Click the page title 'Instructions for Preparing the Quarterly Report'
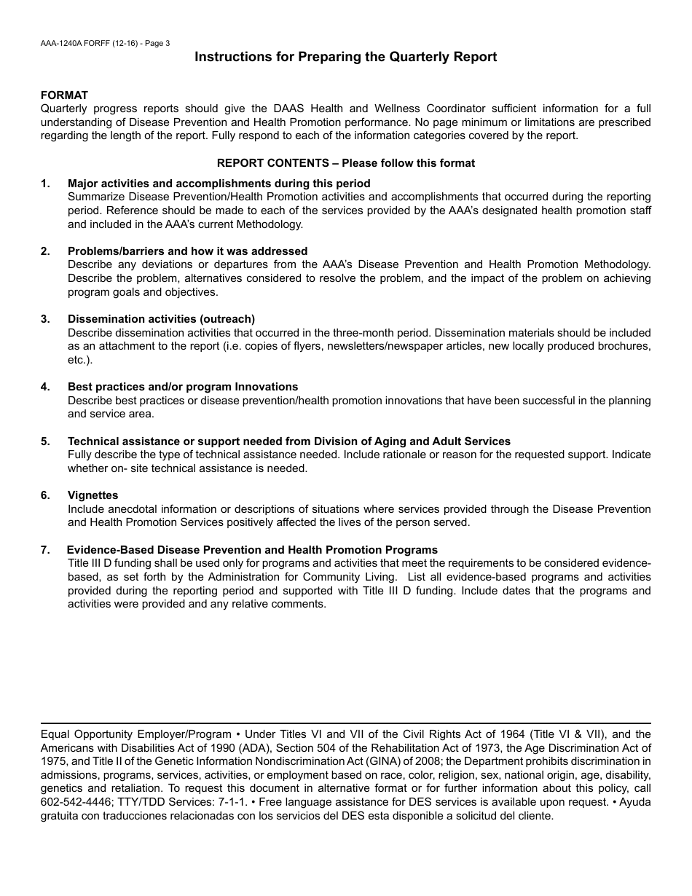[345, 57]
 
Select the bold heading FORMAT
[64, 95]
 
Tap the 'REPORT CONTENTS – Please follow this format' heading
[345, 163]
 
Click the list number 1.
[45, 184]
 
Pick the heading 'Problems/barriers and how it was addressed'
[187, 251]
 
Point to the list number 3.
[45, 319]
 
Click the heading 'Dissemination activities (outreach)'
[161, 319]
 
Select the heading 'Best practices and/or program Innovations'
[183, 387]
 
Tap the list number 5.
[45, 441]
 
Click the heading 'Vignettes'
[93, 495]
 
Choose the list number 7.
[45, 550]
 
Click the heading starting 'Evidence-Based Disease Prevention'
[252, 550]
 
